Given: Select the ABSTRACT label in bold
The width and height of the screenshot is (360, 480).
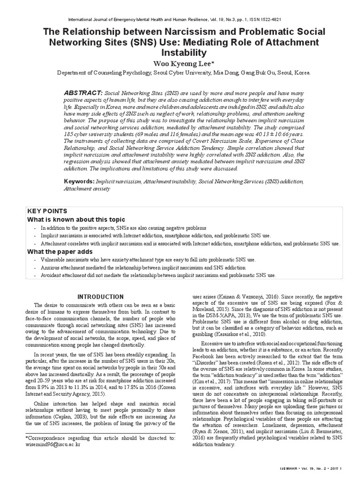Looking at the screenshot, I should click(83, 93).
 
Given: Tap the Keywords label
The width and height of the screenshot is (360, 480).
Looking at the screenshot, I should click(78, 181).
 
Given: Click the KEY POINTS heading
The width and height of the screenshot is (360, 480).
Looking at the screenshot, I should click(47, 211).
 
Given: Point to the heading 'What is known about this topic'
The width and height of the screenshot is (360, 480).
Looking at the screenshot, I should click(76, 219).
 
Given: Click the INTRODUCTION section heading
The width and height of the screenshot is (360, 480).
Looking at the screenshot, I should click(100, 297).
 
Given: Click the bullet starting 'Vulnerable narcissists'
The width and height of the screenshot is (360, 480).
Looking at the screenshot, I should click(148, 259).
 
